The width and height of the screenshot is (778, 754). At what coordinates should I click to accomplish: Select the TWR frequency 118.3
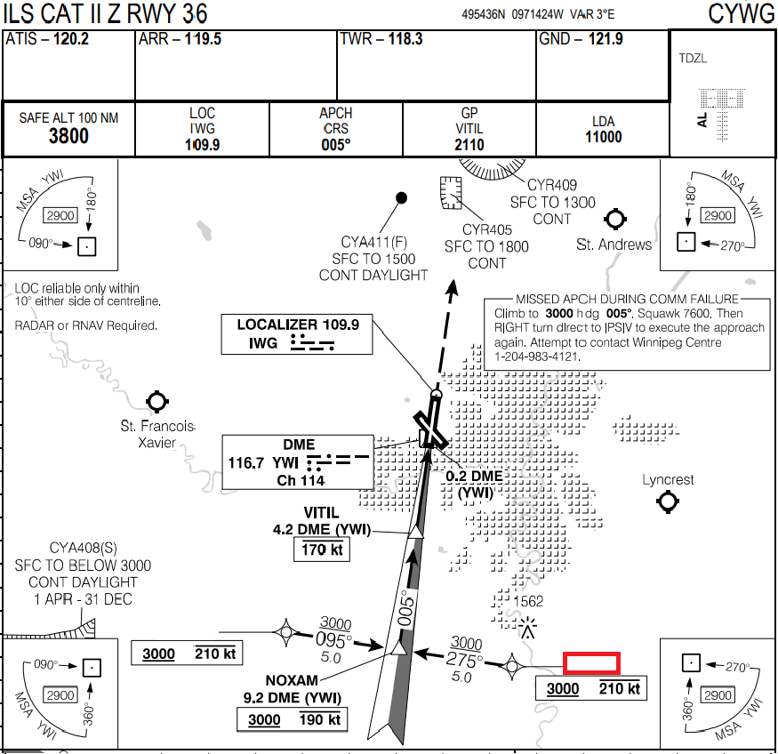point(405,40)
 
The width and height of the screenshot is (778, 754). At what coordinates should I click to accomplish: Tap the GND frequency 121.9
point(606,40)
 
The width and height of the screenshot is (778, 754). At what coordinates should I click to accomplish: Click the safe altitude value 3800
point(68,136)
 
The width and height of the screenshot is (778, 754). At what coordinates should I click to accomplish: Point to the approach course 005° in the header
point(336,145)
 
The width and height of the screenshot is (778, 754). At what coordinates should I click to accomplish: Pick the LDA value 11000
point(603,137)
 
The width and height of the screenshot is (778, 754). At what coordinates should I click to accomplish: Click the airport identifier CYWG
point(742,13)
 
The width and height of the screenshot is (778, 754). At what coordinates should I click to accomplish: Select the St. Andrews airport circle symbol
point(614,219)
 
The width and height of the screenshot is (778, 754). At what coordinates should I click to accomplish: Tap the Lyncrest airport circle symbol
point(668,502)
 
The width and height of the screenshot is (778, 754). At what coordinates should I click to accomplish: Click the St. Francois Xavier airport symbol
point(157,401)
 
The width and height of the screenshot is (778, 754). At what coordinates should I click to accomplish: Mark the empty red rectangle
point(591,662)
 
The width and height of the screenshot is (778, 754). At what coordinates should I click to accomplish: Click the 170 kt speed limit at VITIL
point(321,549)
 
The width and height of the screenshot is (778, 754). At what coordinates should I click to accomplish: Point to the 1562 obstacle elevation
point(530,601)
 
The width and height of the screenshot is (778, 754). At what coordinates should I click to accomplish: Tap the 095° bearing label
point(334,639)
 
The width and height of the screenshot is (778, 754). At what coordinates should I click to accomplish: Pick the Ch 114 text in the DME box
point(299,480)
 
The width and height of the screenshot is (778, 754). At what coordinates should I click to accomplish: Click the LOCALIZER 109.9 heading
point(298,325)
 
